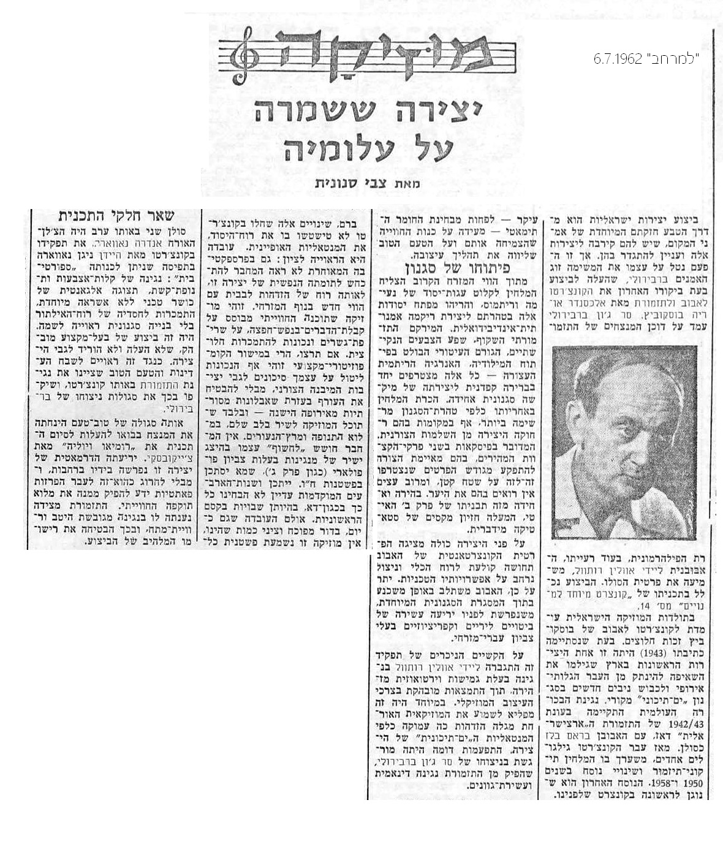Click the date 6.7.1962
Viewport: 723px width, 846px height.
pos(617,59)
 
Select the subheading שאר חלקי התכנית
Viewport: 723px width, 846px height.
pos(116,216)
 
